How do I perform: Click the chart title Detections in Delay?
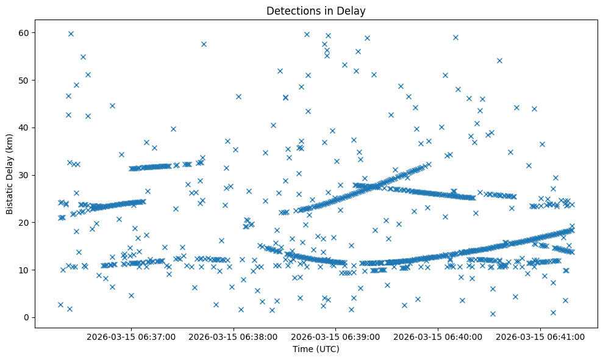316,11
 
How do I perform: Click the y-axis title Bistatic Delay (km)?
10,173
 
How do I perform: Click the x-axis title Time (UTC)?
316,349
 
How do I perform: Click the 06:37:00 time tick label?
131,336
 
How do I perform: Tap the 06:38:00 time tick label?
234,336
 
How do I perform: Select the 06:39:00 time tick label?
335,336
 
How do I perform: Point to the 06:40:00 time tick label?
438,336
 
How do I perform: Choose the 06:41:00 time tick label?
540,336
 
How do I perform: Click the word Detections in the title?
291,11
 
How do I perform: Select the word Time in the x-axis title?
302,349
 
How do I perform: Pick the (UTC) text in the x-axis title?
327,349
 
